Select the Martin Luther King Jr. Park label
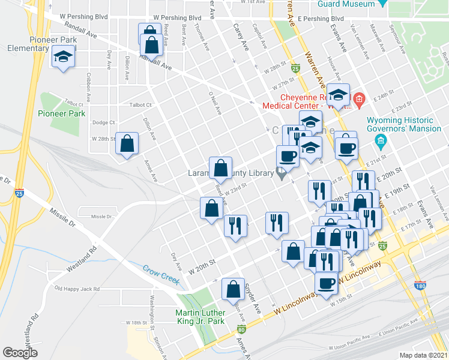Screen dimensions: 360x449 (x=200, y=317)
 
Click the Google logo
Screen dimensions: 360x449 (x=20, y=353)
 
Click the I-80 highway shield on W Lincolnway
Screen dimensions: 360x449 (x=241, y=329)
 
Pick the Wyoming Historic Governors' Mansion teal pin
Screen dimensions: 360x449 (x=379, y=142)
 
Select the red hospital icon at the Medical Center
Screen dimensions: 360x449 (x=358, y=98)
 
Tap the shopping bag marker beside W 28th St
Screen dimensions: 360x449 (x=127, y=144)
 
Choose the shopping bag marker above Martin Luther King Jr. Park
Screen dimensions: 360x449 (x=232, y=290)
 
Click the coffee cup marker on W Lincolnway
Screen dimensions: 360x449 (x=326, y=283)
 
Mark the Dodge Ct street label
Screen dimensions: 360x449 (x=104, y=122)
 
